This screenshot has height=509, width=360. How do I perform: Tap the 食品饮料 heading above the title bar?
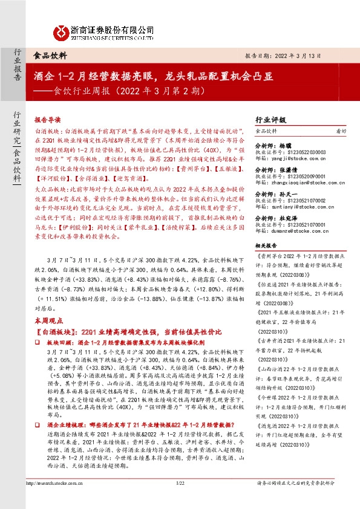click(x=50, y=54)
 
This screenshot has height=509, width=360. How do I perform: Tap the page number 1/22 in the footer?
click(x=180, y=499)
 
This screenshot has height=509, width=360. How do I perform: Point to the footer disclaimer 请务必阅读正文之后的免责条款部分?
click(x=303, y=499)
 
